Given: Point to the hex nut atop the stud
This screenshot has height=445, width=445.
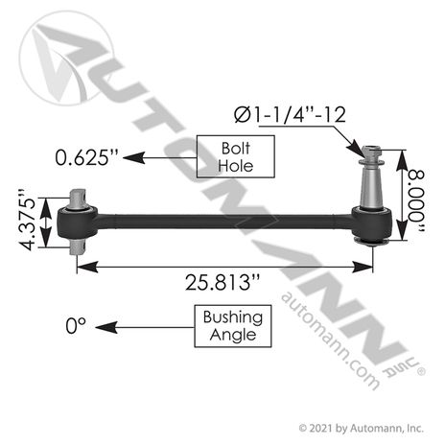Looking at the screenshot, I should tap(373, 152).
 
